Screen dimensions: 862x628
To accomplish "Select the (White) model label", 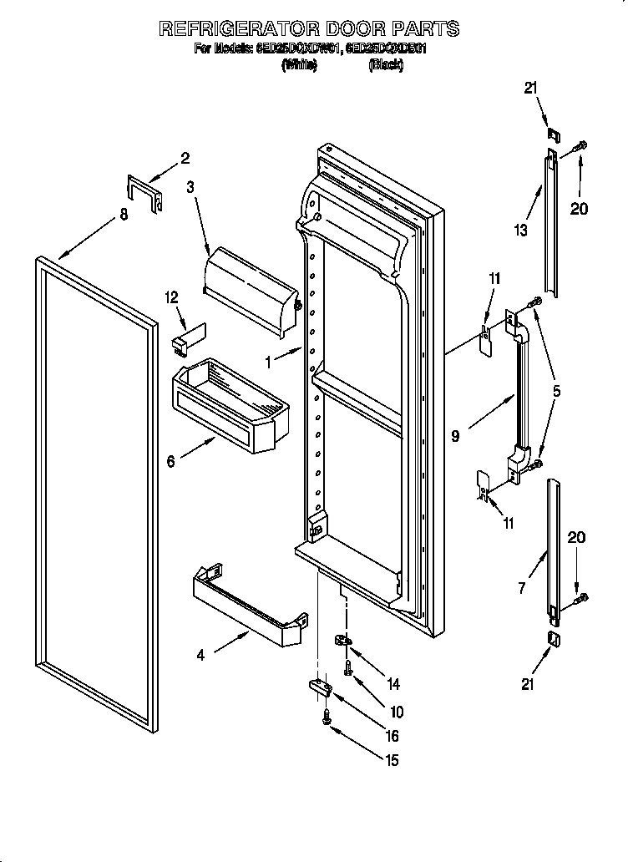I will tap(298, 65).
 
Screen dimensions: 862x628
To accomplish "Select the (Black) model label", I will tap(385, 65).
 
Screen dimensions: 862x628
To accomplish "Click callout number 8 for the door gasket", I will tap(124, 215).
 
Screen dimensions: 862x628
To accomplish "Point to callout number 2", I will tap(185, 157).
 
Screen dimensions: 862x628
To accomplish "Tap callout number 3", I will tap(190, 188).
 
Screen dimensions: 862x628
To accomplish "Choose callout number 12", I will tap(172, 297).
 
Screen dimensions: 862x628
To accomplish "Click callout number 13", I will tap(521, 231).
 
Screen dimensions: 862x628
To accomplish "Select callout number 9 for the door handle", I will tap(455, 435).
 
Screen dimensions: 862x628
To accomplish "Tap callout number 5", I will tap(556, 390).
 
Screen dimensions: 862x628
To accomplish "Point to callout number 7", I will tap(521, 587).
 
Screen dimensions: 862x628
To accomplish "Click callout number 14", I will tap(392, 684).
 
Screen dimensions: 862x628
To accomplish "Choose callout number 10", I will tap(396, 712).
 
